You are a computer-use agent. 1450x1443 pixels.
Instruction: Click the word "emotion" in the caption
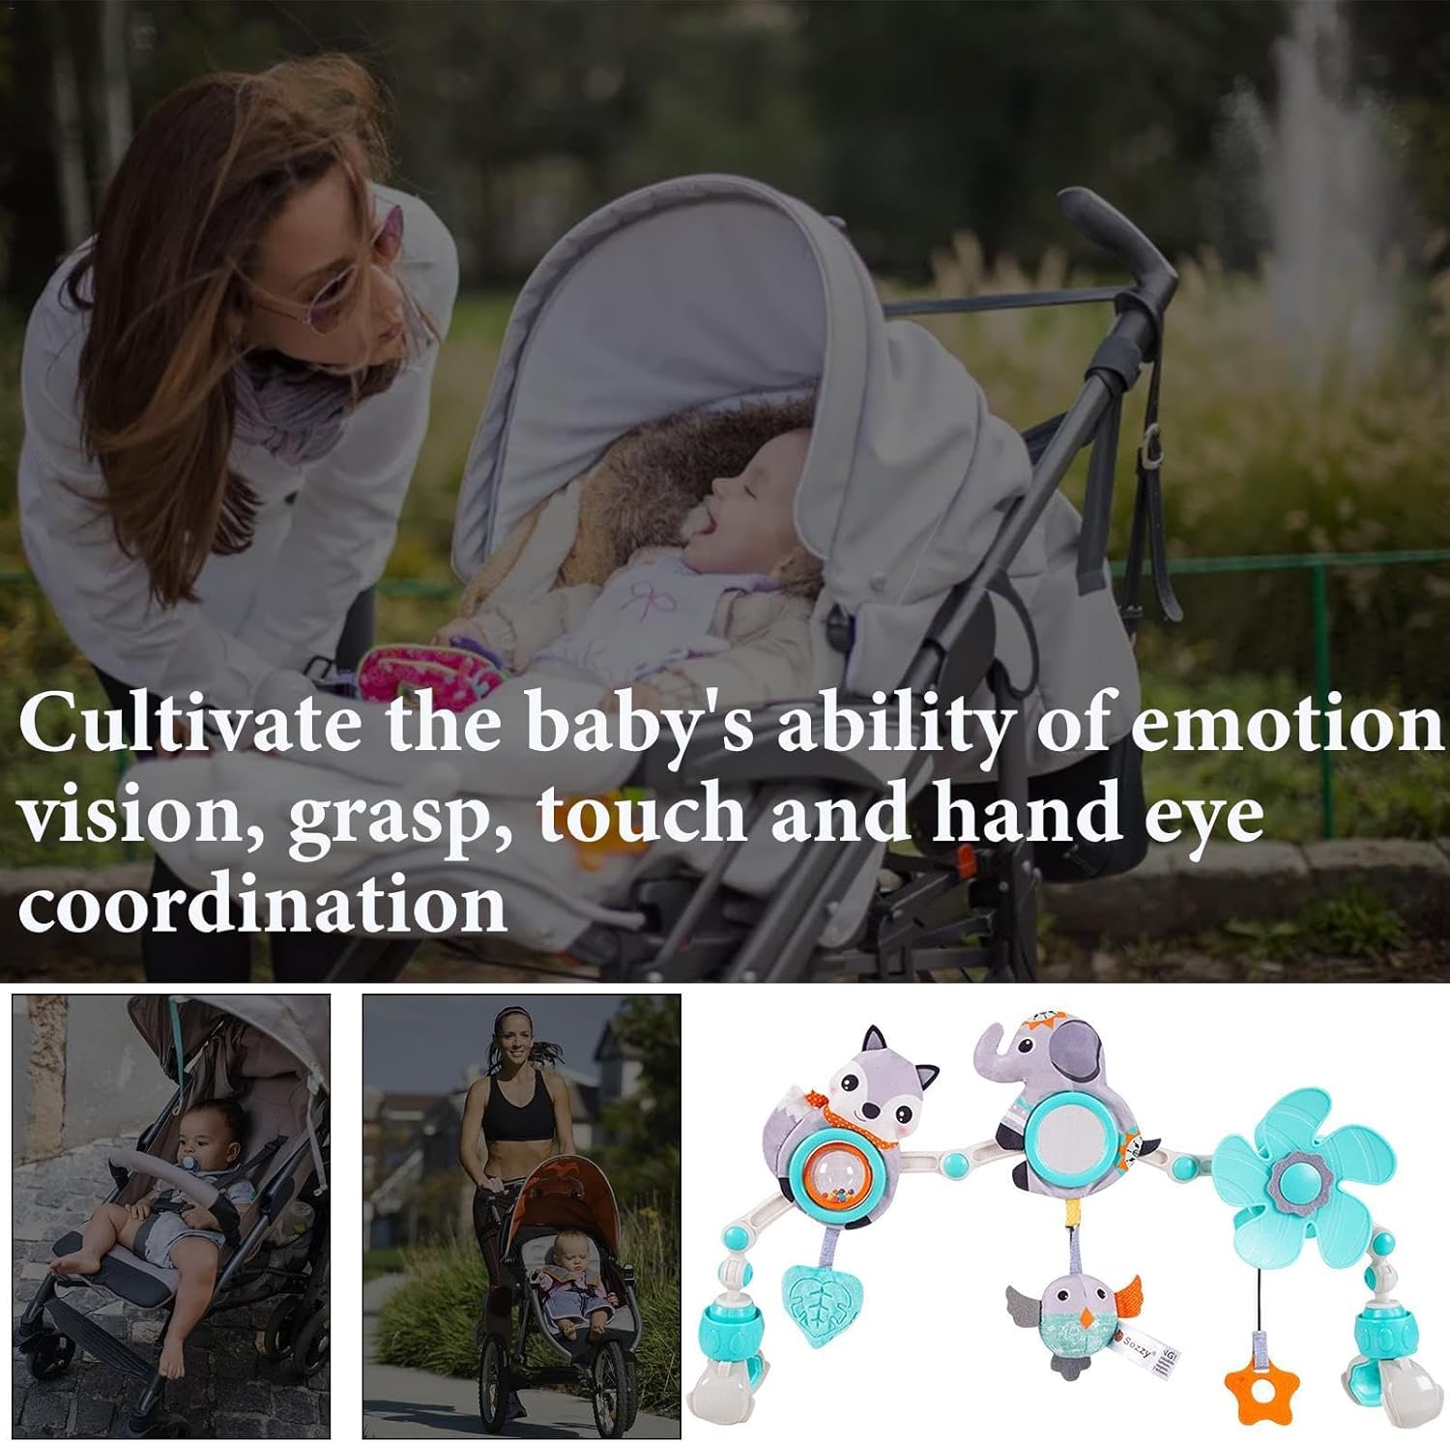[1287, 726]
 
